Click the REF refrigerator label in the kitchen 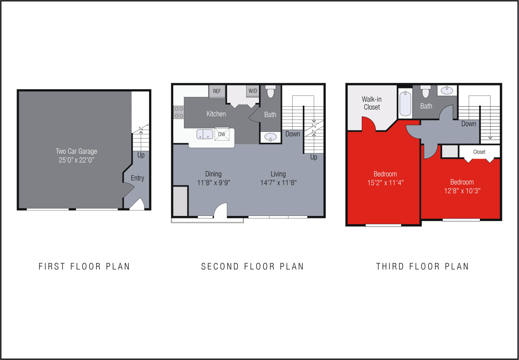tap(217, 91)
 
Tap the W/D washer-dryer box tap(253, 91)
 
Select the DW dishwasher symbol tap(222, 134)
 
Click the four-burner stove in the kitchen tap(179, 112)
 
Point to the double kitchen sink tap(205, 134)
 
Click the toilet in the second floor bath tap(271, 92)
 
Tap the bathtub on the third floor tap(405, 102)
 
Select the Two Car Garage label tap(76, 151)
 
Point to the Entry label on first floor tap(137, 178)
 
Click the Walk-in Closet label tap(372, 103)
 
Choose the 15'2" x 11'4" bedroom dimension tap(385, 183)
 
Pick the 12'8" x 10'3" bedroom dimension tap(462, 191)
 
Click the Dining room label tap(213, 174)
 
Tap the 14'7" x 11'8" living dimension tap(278, 183)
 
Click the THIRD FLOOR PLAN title tap(422, 266)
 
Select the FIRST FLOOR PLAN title tap(84, 266)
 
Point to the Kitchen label tap(216, 114)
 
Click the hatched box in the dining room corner tap(181, 201)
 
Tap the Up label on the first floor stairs tap(141, 155)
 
